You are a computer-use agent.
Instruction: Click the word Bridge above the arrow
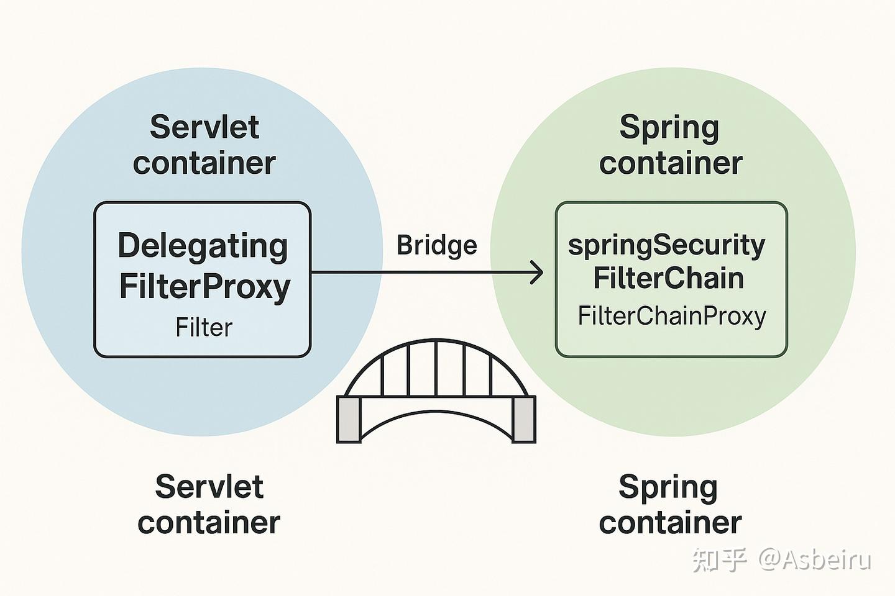click(x=436, y=245)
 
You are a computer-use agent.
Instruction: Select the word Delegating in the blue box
click(x=203, y=246)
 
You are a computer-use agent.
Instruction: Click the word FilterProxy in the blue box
click(x=204, y=286)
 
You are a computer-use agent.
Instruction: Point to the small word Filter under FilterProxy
click(x=203, y=327)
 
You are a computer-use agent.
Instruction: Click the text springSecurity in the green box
click(x=666, y=246)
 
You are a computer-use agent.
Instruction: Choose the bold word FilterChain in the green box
click(x=668, y=278)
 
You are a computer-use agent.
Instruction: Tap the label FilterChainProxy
click(x=671, y=316)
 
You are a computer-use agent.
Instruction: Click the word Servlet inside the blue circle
click(x=204, y=127)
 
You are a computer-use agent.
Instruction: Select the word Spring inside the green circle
click(x=669, y=129)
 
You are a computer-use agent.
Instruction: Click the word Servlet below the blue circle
click(x=209, y=486)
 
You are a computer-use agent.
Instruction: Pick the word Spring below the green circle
click(x=668, y=488)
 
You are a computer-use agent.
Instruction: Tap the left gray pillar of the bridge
click(x=348, y=419)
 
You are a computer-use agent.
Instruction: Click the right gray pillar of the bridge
click(x=523, y=419)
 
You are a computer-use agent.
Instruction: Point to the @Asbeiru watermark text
click(x=814, y=559)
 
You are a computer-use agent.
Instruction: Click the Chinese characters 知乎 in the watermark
click(x=719, y=559)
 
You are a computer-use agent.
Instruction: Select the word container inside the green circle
click(x=671, y=163)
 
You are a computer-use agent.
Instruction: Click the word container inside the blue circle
click(x=204, y=163)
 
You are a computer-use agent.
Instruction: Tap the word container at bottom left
click(x=209, y=522)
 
